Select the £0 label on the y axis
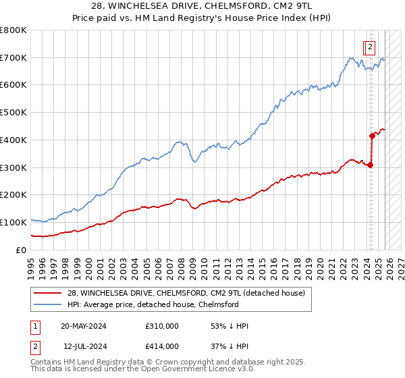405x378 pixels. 20,250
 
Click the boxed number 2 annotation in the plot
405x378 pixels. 371,47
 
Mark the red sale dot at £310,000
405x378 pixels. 371,165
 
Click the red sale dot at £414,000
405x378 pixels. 372,136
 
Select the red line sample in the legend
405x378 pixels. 48,293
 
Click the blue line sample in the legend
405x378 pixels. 48,304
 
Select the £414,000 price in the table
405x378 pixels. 161,346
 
